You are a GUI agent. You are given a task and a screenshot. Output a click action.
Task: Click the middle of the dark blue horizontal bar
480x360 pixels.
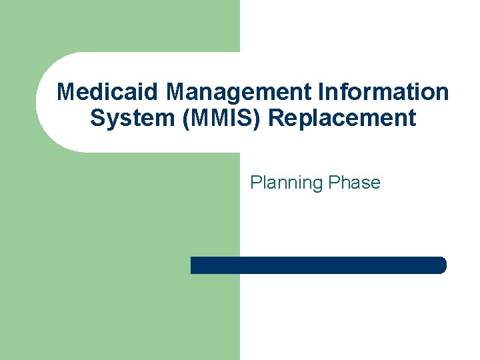pyautogui.click(x=318, y=265)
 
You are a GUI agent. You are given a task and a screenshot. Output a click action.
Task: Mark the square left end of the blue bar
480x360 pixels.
pyautogui.click(x=193, y=265)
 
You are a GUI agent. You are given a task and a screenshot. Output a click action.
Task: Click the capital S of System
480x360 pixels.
pyautogui.click(x=97, y=118)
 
